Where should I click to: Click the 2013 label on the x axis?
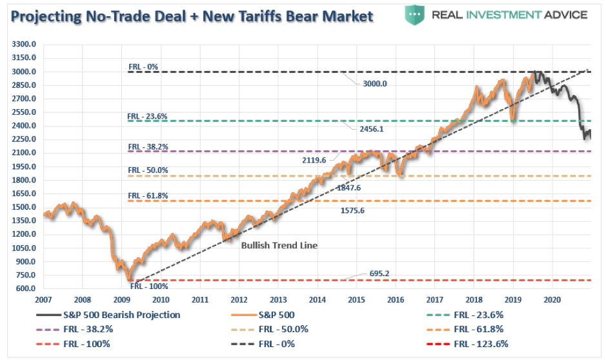pos(278,300)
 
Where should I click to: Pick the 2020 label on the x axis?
pos(552,300)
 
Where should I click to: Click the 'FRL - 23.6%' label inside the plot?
pos(148,116)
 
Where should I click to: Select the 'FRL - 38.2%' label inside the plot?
pos(148,146)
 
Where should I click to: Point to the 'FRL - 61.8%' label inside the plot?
pos(148,195)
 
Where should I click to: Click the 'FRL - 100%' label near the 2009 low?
pos(150,286)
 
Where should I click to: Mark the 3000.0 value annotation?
pos(374,83)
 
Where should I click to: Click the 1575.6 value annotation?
pos(353,210)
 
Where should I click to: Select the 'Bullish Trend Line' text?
pos(279,246)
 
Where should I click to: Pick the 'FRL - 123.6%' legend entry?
pos(481,345)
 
